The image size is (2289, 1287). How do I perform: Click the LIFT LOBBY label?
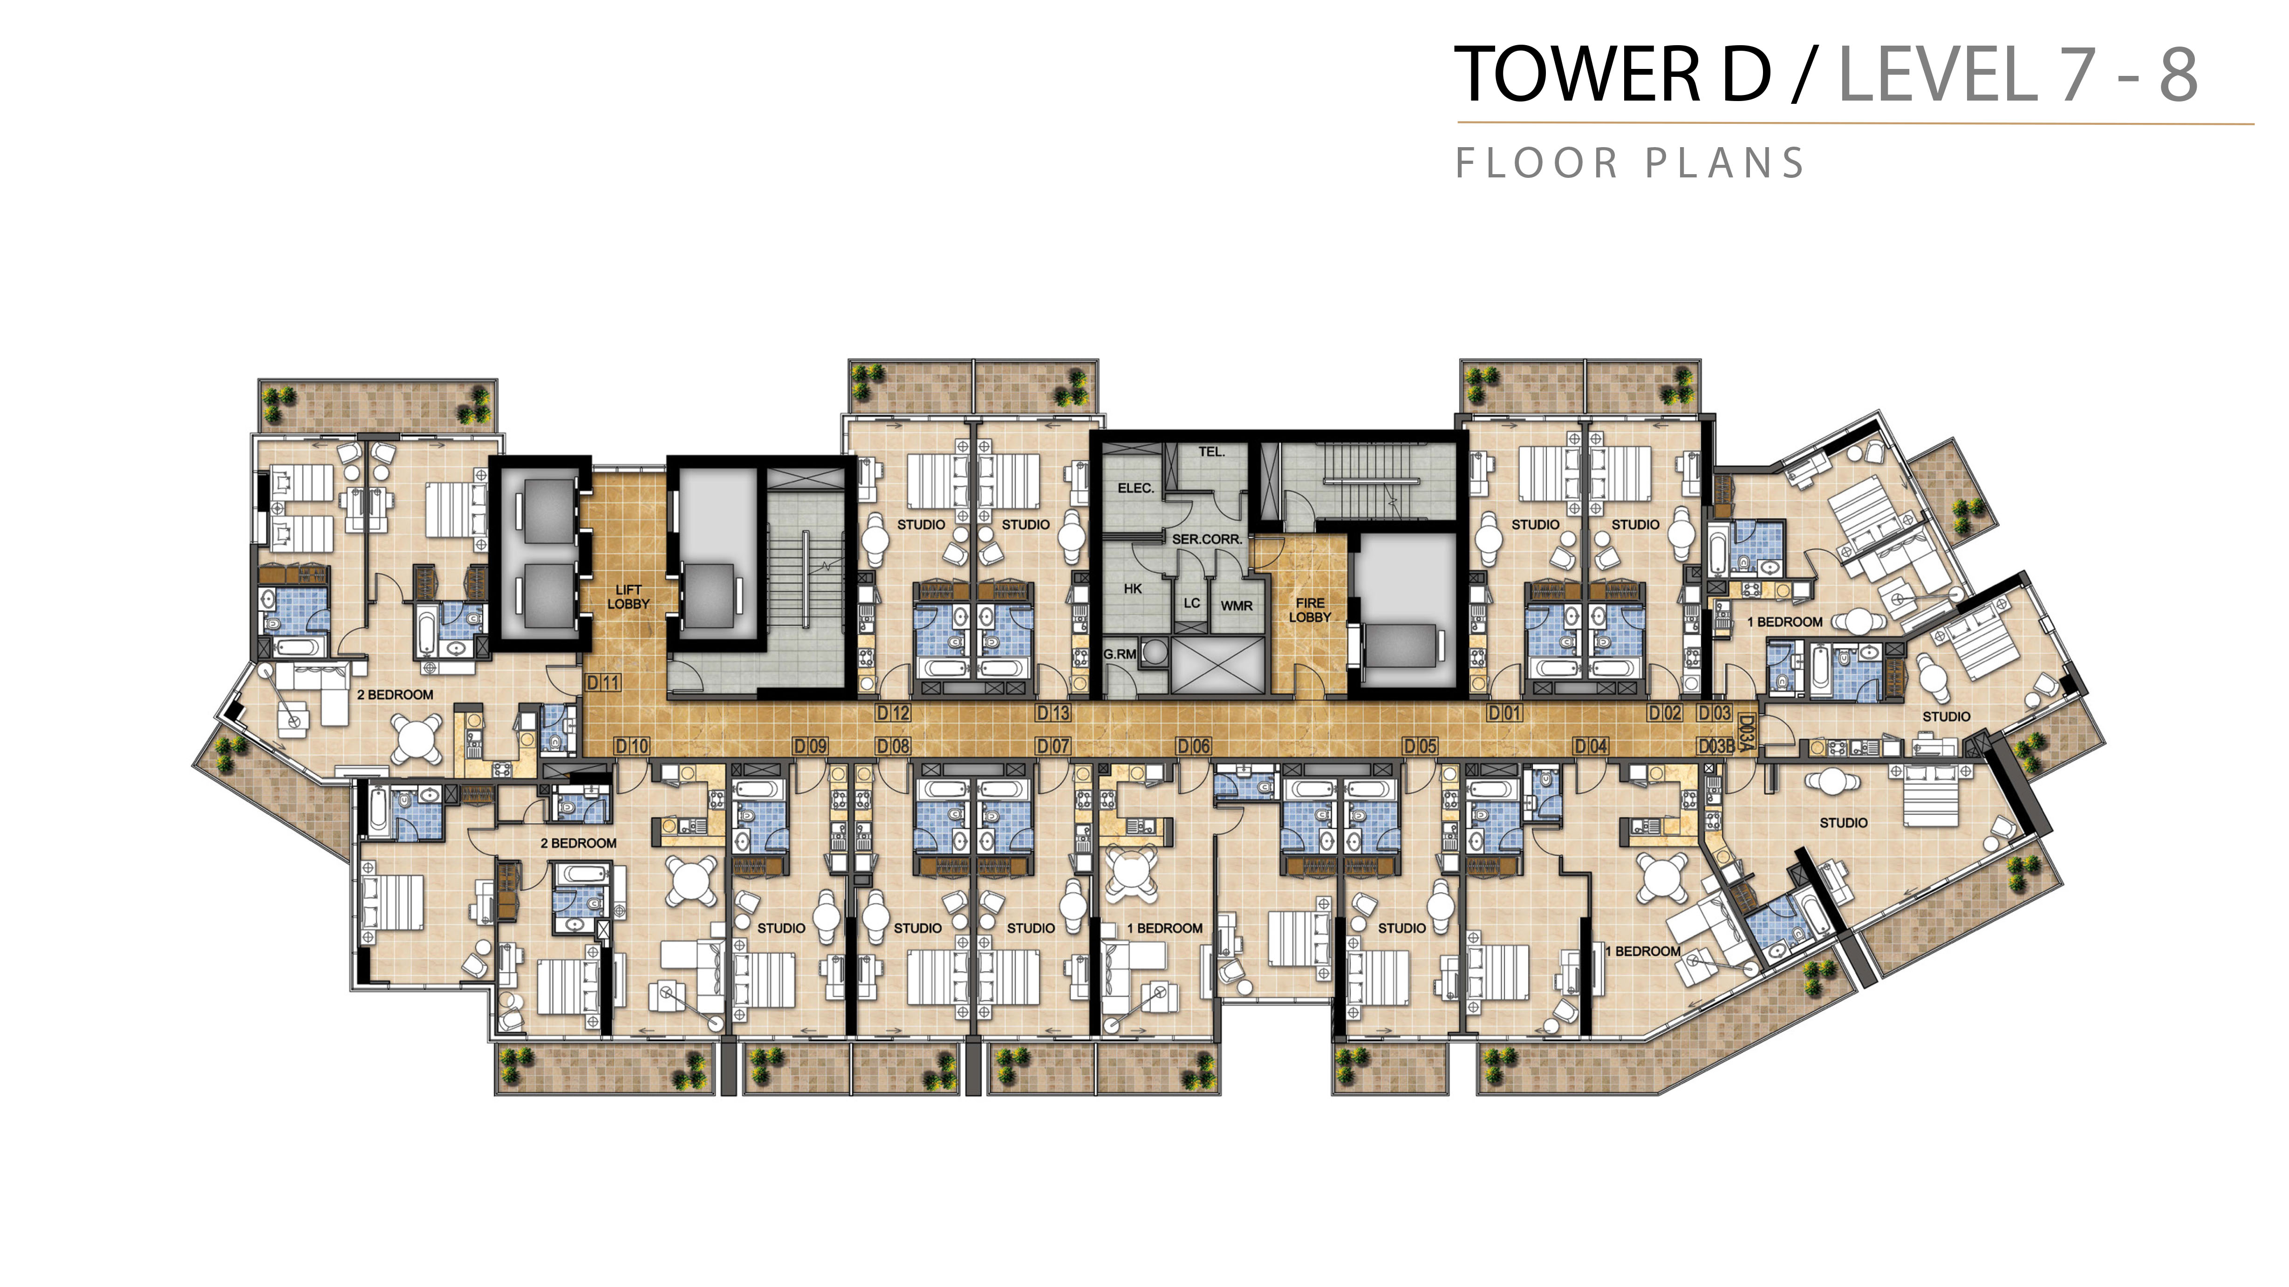628,597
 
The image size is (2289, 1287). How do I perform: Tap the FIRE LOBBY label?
1310,610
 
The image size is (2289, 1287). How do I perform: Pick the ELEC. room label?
1135,488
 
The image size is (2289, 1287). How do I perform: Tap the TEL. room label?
1211,452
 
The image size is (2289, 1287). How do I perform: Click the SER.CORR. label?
1207,539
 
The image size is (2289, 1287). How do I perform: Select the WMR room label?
1236,606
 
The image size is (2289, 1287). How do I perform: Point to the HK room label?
1133,589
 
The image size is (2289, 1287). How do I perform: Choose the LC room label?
1192,603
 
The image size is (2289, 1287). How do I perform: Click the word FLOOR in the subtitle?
1537,163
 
